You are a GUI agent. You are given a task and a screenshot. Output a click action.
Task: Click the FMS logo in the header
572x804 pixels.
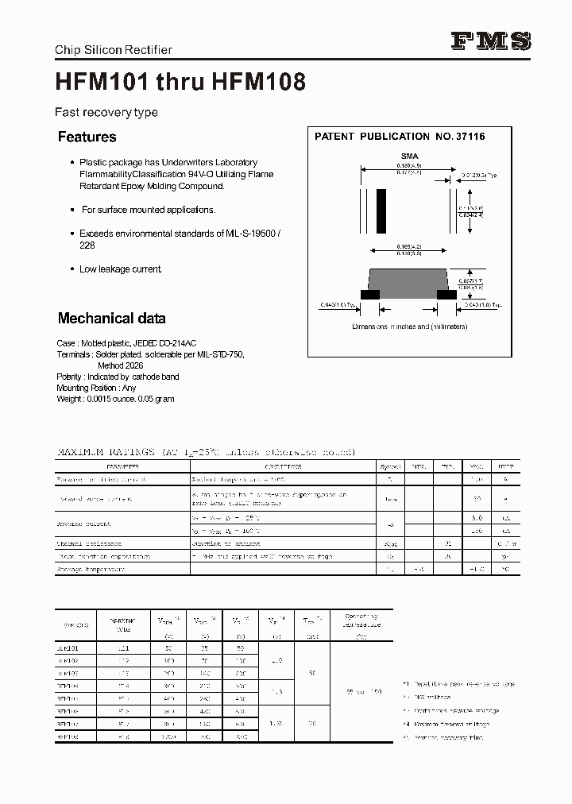point(492,42)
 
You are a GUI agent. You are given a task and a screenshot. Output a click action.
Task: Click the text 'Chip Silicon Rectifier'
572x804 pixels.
point(113,50)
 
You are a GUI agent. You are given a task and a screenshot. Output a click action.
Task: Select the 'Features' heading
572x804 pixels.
point(87,137)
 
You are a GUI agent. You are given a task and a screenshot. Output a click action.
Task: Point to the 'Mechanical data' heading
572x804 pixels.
point(111,319)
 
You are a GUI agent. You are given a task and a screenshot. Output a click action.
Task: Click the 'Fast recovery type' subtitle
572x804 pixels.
point(106,113)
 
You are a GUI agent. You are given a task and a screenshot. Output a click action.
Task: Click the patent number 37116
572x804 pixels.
point(470,137)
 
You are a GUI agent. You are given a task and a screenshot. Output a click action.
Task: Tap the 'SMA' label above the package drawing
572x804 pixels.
point(409,157)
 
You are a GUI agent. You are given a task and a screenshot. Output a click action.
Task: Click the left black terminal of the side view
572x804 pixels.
point(369,294)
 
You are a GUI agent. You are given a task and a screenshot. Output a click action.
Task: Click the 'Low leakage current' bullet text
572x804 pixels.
point(120,269)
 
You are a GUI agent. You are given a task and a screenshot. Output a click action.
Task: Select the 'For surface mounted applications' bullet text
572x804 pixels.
point(149,210)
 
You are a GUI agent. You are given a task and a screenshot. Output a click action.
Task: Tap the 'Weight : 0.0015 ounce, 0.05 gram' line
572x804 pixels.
point(115,399)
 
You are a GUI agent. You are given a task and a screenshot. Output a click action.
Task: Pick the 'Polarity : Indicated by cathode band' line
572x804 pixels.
point(118,377)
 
